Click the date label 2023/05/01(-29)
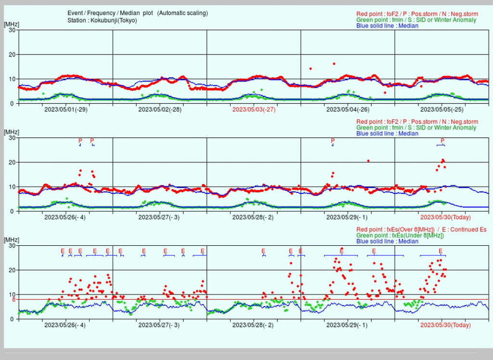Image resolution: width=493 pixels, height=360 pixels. [x=65, y=109]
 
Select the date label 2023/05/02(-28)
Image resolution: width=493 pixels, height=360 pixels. [x=160, y=109]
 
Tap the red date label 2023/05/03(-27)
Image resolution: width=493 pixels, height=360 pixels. [x=254, y=109]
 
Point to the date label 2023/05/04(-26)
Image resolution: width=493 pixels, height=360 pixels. [x=348, y=109]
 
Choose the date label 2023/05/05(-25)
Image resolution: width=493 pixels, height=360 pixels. [x=441, y=109]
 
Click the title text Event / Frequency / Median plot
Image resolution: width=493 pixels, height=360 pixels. [x=110, y=13]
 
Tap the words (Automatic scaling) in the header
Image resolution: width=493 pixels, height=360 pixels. [x=182, y=13]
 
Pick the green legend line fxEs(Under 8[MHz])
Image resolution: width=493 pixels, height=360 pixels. [x=400, y=235]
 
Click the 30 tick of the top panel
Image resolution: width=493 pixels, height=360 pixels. [x=12, y=30]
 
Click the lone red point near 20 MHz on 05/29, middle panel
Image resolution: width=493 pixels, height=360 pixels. [x=368, y=161]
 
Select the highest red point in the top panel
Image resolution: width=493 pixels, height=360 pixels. [x=334, y=64]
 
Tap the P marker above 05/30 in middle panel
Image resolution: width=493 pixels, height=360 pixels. [x=443, y=141]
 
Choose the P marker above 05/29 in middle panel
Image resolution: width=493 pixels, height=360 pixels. [x=333, y=141]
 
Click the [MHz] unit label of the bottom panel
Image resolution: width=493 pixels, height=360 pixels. [x=12, y=240]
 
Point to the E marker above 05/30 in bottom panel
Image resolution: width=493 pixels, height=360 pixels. [x=441, y=251]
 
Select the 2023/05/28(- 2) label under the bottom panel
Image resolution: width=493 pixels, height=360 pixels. [x=254, y=325]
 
